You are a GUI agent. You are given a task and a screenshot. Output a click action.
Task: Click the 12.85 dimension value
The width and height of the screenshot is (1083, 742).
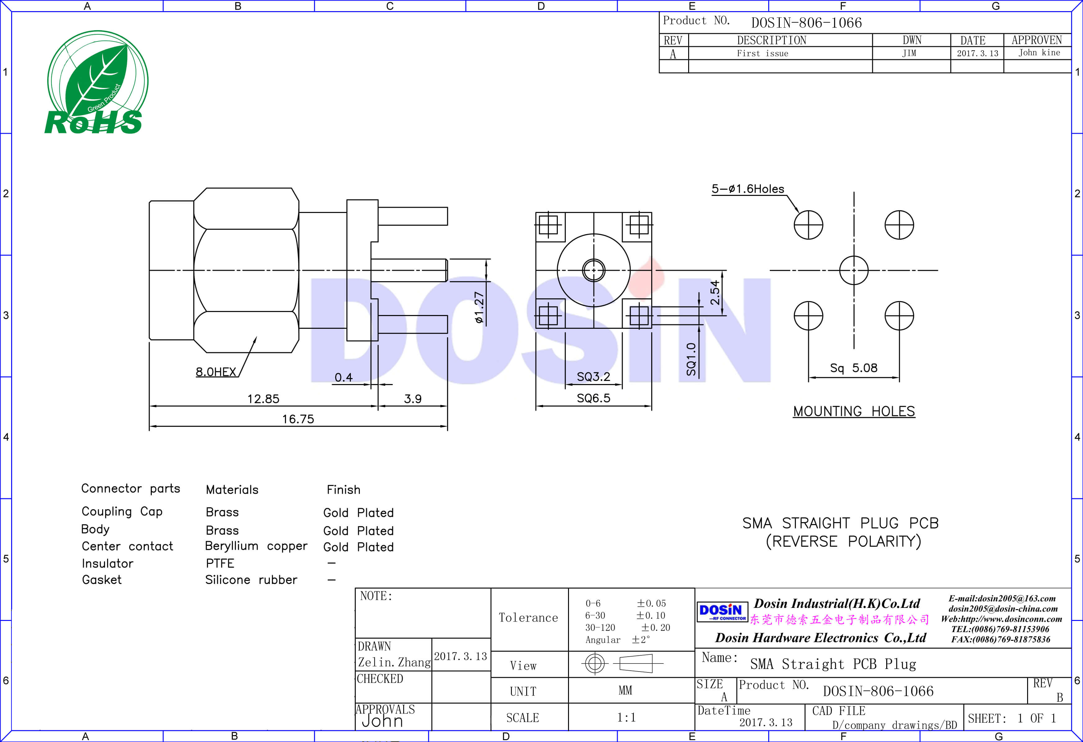coord(263,399)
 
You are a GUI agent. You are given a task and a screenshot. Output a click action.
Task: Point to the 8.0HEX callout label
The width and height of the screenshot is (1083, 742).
coord(216,372)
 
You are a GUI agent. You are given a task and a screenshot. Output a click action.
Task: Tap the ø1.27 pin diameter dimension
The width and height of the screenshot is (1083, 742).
coord(479,308)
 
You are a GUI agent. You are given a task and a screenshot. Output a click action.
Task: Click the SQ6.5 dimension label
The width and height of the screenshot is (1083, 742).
coord(593,398)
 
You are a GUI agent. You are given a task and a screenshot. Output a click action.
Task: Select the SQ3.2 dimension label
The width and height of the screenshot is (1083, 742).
coord(593,377)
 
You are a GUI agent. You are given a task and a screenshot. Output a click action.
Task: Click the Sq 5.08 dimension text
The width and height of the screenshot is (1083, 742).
coord(853,368)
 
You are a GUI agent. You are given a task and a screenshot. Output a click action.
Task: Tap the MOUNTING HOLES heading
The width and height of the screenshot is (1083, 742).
coord(854,412)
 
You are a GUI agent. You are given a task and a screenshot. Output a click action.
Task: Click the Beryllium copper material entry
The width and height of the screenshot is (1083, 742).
coord(256,546)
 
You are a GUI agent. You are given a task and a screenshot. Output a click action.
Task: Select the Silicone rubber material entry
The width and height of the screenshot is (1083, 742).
coord(251,580)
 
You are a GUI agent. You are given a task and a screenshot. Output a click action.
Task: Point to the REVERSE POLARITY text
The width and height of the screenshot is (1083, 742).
coord(843,541)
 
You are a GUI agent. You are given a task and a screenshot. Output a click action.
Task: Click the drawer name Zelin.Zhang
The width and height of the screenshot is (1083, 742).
coord(394,662)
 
